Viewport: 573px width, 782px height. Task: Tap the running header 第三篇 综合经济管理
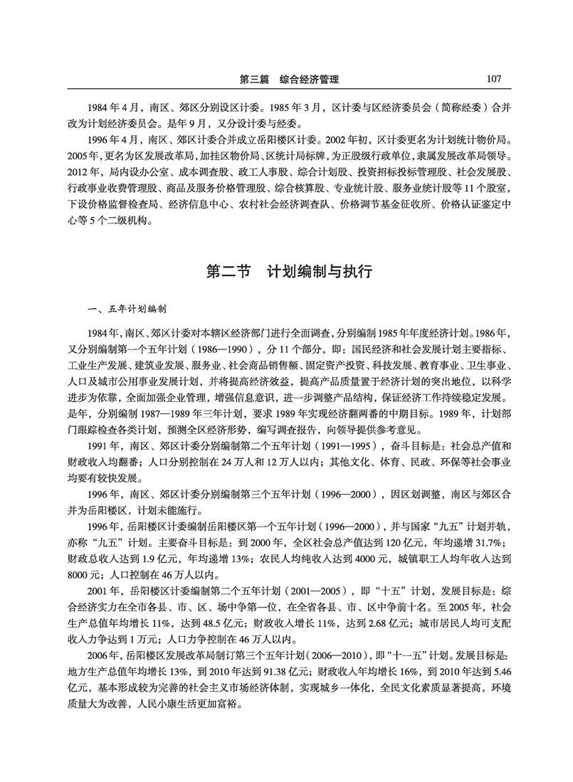tap(289, 79)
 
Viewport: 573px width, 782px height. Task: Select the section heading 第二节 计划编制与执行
tap(288, 272)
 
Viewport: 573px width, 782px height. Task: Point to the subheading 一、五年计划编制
tap(126, 310)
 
